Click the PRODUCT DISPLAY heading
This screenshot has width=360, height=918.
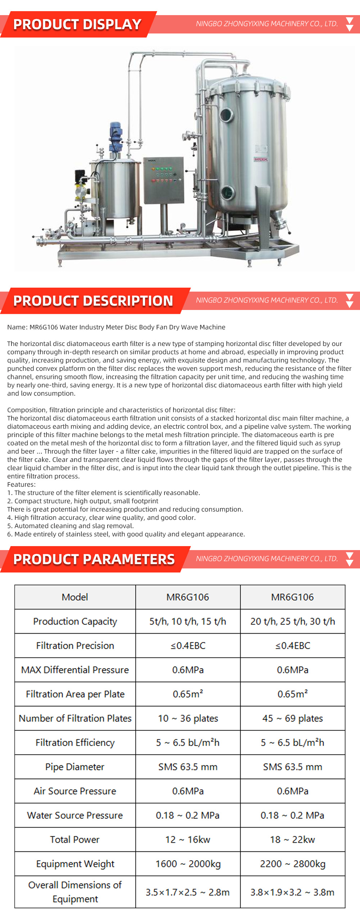tap(77, 24)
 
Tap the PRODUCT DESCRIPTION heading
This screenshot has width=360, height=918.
tap(93, 301)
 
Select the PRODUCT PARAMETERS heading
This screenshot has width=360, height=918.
tap(94, 559)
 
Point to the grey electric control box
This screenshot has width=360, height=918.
tap(163, 180)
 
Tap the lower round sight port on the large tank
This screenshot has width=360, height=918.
tap(227, 192)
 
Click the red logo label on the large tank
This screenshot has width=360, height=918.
tap(261, 159)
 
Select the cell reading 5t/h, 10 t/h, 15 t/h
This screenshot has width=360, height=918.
tap(188, 621)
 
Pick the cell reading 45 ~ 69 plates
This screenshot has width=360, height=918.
tap(292, 718)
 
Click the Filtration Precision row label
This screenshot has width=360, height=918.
tap(75, 645)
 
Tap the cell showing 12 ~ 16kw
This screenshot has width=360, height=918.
tap(188, 840)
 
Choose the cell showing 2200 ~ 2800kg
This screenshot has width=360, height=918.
tap(292, 864)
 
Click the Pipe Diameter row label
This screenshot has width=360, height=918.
tap(75, 767)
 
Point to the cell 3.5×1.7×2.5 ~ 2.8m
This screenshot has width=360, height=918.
tap(188, 892)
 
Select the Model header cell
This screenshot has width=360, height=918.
tap(75, 597)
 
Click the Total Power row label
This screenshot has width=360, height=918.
tap(75, 840)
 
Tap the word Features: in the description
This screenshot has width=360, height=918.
tap(21, 485)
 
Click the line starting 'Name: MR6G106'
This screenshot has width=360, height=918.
tap(116, 327)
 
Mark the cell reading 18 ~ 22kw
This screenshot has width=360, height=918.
tap(292, 840)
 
